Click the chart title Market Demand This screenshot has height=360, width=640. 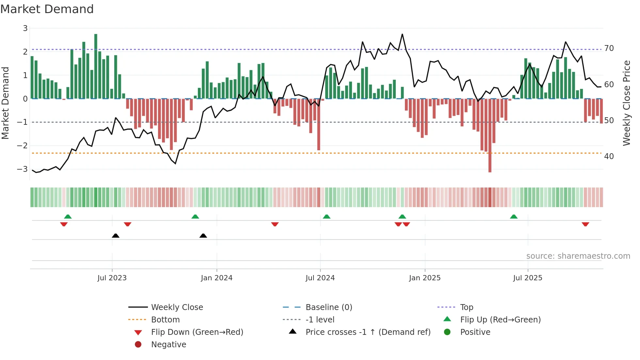click(47, 9)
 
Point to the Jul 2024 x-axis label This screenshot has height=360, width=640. click(320, 278)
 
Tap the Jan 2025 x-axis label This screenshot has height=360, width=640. click(424, 278)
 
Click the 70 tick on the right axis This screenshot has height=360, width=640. click(609, 48)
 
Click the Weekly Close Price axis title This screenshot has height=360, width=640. click(626, 103)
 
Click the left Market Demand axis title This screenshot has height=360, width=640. click(6, 103)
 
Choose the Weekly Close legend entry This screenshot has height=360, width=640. click(177, 307)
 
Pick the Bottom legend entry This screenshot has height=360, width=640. click(165, 320)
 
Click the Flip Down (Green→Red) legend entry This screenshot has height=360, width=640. click(197, 332)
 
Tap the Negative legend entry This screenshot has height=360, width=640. click(168, 345)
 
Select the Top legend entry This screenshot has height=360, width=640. click(466, 307)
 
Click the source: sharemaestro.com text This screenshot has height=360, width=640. click(578, 256)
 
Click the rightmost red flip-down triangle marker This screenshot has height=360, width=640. click(585, 224)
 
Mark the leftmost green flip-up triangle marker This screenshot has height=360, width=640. click(68, 217)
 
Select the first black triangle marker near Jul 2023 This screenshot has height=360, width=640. click(116, 236)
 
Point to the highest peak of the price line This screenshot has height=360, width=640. click(402, 34)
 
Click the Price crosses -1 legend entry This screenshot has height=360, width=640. click(368, 332)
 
